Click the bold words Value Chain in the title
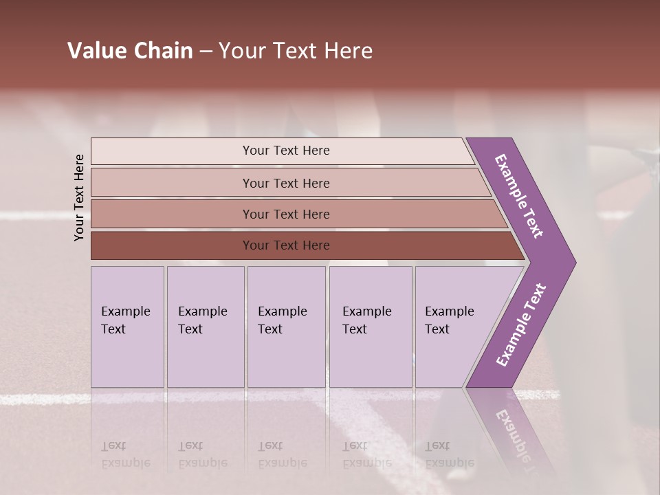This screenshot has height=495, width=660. point(130,51)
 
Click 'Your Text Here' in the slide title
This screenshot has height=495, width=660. point(296,51)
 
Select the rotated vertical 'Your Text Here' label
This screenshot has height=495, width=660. point(79,197)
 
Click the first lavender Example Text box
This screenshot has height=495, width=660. point(127,327)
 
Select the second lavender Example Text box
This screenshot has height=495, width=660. point(205,327)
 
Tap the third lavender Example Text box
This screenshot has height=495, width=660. point(286,327)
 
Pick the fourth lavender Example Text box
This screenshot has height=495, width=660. point(370,327)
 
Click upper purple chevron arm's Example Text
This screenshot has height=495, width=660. point(519,196)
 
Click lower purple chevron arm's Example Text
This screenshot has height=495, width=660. point(521,325)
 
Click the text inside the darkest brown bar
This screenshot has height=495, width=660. point(286,245)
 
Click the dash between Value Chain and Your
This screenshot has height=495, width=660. point(206,52)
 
